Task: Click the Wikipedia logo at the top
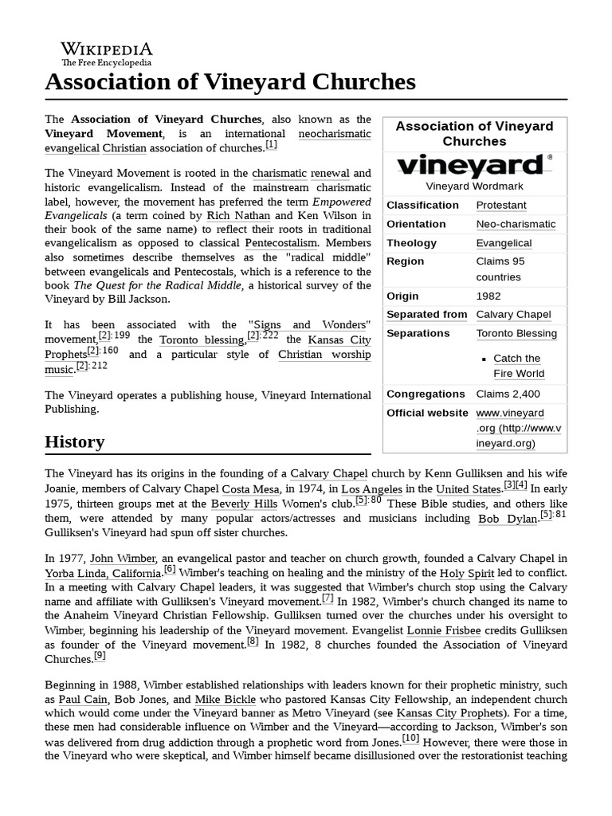coord(107,53)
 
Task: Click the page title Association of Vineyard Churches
coord(230,81)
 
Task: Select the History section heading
coord(75,441)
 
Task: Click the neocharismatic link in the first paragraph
coord(334,134)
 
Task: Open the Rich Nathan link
coord(238,215)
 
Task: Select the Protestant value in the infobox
coord(501,205)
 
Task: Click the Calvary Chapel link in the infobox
coord(513,314)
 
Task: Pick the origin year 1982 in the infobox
coord(488,296)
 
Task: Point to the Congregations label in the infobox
coord(426,394)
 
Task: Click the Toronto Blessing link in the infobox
coord(516,333)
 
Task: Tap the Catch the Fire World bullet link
coord(518,366)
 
